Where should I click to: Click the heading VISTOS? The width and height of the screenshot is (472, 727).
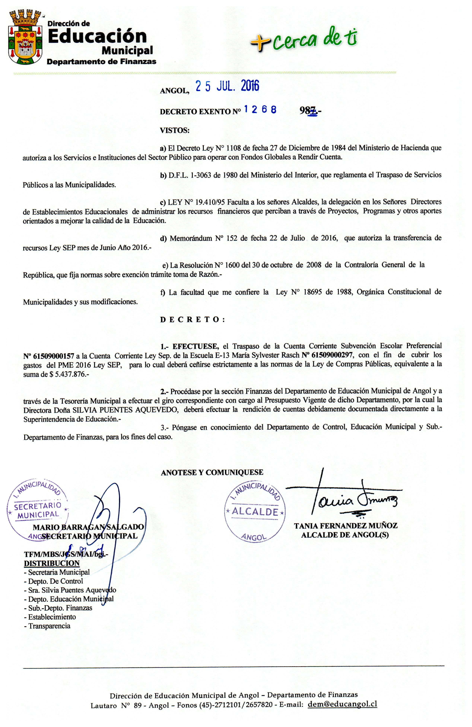coord(174,130)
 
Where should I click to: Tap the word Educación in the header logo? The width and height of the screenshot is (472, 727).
coord(97,36)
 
